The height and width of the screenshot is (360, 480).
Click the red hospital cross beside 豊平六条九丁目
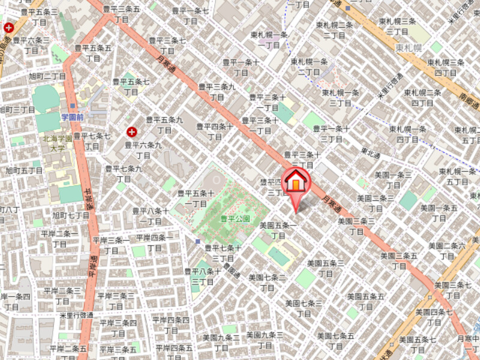(131, 131)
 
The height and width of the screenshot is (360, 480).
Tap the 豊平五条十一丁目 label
(196, 199)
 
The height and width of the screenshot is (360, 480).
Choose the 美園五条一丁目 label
(278, 231)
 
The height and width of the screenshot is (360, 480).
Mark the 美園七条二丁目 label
(267, 283)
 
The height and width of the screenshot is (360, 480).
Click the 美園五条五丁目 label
(365, 301)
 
